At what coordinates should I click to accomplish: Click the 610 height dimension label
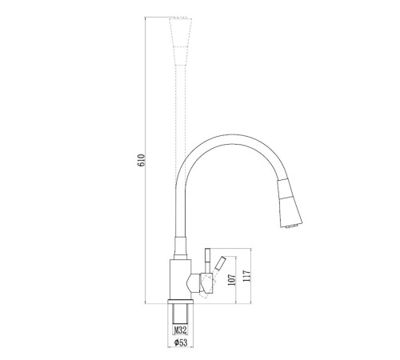[141, 160]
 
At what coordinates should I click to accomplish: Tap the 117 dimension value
[246, 276]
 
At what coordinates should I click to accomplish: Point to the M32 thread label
[180, 330]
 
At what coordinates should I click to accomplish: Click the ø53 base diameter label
[181, 342]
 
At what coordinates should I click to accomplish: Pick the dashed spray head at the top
[181, 42]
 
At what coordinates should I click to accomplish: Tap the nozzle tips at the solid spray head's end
[291, 226]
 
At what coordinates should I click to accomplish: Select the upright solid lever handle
[207, 261]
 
